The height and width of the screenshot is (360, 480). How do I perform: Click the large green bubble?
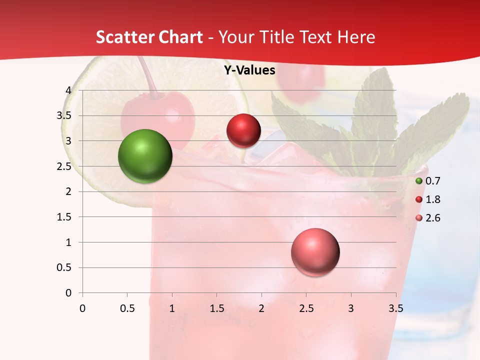(x=145, y=156)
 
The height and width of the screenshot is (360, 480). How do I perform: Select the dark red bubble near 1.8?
(x=243, y=131)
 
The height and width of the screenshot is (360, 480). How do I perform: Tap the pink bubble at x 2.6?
(x=315, y=252)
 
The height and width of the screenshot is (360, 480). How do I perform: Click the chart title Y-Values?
(x=249, y=70)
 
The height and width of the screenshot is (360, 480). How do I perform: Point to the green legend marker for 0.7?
(x=419, y=181)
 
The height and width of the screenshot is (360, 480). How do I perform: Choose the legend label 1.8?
(x=432, y=199)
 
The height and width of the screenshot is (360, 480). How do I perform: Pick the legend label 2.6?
(x=432, y=218)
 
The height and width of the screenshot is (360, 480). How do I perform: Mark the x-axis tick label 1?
(x=172, y=308)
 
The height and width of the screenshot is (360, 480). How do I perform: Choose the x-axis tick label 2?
(x=261, y=308)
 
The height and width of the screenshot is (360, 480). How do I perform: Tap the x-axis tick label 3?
(x=351, y=308)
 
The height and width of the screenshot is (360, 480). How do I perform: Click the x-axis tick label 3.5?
(x=395, y=308)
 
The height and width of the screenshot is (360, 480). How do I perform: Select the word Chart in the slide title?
(x=180, y=37)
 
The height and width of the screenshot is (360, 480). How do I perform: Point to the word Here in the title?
(x=355, y=37)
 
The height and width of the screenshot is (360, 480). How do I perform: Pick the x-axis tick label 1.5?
(x=216, y=308)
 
